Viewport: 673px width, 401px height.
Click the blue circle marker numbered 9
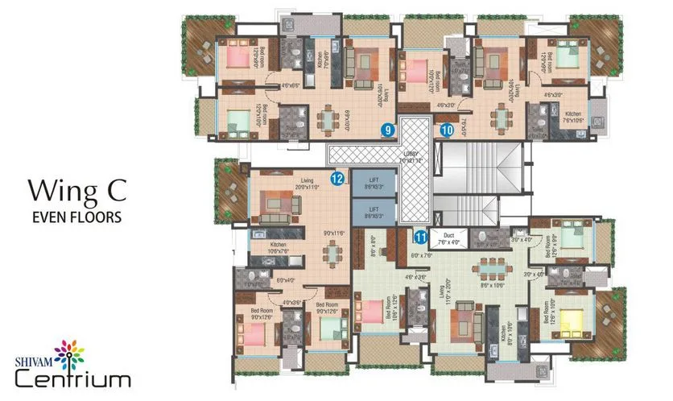(x=388, y=129)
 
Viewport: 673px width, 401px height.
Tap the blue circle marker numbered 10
(x=447, y=127)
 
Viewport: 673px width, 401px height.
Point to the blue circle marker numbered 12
(x=337, y=178)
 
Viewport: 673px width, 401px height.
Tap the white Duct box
(x=448, y=238)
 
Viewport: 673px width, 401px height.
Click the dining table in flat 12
(x=331, y=254)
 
